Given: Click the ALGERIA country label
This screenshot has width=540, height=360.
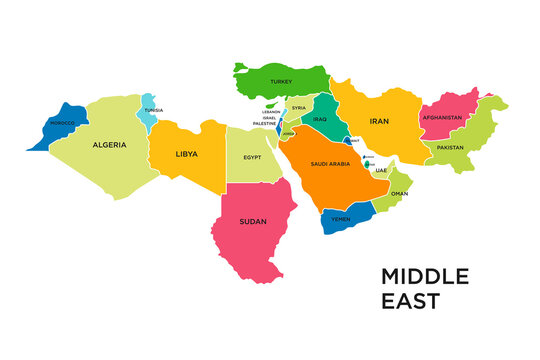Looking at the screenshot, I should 109,145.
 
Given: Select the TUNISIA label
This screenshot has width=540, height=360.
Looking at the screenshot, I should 153,111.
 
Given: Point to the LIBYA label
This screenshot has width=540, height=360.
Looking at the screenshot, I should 186,154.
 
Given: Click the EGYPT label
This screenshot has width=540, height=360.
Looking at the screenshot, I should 253,157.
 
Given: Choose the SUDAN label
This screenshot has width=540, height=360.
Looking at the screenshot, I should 253,221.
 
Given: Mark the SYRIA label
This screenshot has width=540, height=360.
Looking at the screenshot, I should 298,108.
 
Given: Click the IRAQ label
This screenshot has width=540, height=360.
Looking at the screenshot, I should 320,120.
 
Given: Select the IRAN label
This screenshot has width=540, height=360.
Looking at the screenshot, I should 379,121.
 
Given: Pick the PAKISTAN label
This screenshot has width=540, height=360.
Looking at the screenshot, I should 450,147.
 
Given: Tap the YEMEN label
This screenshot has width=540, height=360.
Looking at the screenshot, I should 341,217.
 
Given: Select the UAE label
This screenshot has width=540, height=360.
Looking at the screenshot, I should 381,171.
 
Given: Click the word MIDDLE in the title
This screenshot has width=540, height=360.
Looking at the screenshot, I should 424,276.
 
